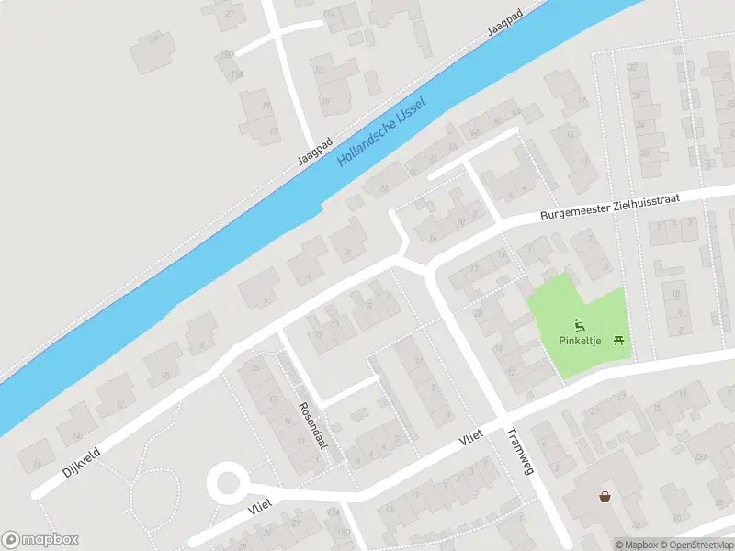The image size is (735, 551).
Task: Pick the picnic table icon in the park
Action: (620, 340)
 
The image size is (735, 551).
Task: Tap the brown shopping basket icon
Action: (605, 497)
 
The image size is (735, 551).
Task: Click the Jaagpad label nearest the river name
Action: (314, 152)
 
